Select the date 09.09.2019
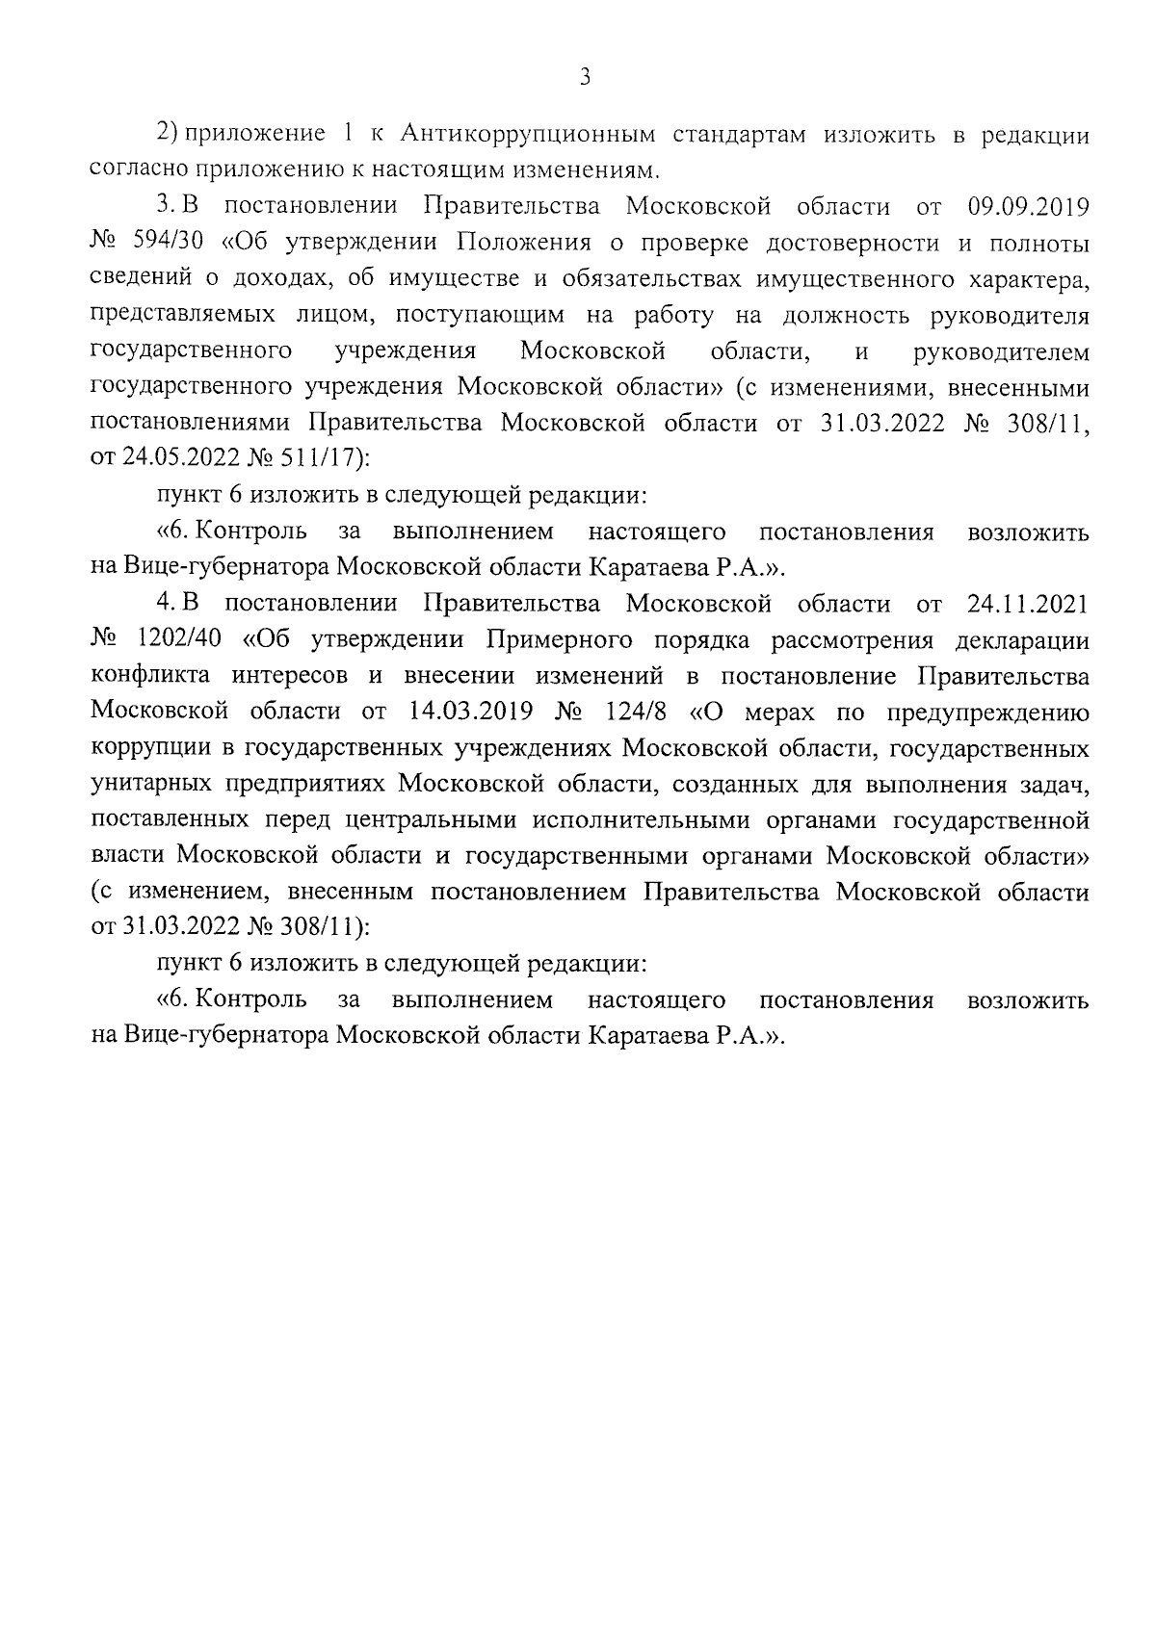point(1027,207)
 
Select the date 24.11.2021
point(1027,605)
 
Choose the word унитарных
point(144,786)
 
